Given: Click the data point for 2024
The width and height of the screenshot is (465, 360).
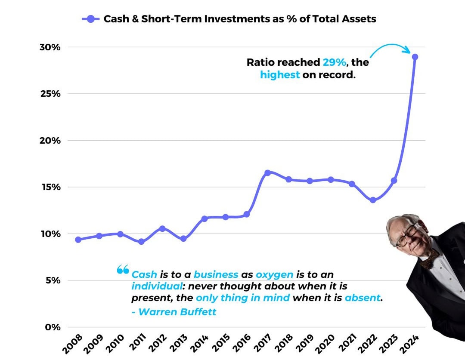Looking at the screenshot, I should pyautogui.click(x=415, y=57).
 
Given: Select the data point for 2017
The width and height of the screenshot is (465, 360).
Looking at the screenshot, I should pyautogui.click(x=267, y=172).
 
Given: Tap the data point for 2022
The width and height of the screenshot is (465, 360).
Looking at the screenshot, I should pyautogui.click(x=373, y=200).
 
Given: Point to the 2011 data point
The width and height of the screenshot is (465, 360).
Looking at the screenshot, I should pyautogui.click(x=141, y=242).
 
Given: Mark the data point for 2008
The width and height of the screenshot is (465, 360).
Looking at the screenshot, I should pyautogui.click(x=78, y=240).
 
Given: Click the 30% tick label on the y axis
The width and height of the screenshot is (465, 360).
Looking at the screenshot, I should pyautogui.click(x=51, y=47).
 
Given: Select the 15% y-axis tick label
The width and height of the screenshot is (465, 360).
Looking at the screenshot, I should pyautogui.click(x=51, y=187).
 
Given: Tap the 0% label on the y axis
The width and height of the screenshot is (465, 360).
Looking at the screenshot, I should pyautogui.click(x=53, y=327).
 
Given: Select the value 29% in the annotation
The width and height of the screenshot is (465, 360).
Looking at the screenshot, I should pyautogui.click(x=335, y=62).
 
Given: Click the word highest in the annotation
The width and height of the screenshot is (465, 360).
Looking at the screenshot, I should pyautogui.click(x=280, y=74).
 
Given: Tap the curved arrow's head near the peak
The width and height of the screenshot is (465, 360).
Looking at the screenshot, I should pyautogui.click(x=407, y=51).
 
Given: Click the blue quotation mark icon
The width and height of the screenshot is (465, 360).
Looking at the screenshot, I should pyautogui.click(x=123, y=270).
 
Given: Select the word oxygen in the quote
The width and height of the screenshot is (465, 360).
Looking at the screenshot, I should pyautogui.click(x=274, y=274).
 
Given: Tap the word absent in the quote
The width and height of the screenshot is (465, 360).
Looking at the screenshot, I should pyautogui.click(x=363, y=297).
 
